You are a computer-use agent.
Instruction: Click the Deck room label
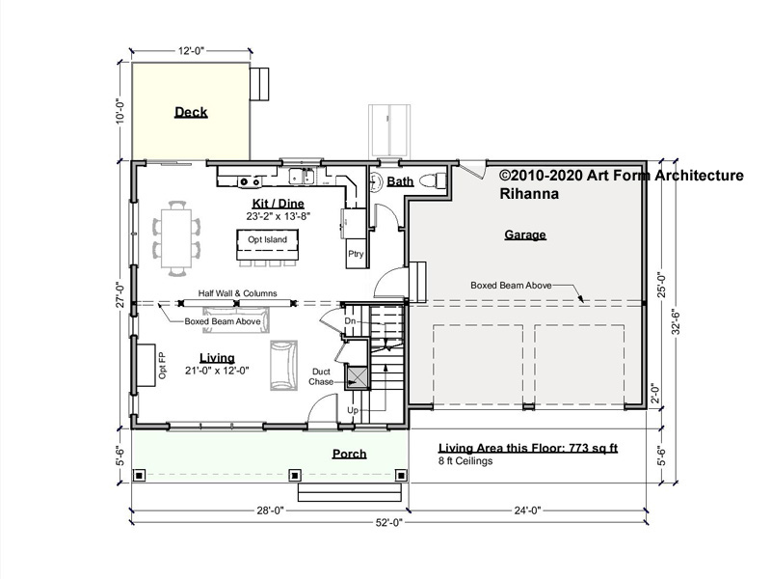tap(191, 112)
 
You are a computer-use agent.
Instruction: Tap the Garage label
tap(525, 234)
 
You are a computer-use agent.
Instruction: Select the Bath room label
tap(400, 181)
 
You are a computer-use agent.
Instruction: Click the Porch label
tap(350, 454)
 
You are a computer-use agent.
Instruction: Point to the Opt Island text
tap(268, 239)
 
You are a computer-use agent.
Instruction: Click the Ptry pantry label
tap(356, 254)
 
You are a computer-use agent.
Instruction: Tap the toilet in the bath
tap(432, 181)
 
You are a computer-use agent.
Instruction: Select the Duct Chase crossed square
tap(358, 377)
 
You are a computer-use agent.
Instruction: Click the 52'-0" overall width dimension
tap(389, 522)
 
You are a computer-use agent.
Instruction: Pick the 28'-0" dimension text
tap(271, 510)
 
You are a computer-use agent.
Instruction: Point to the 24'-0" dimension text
tap(527, 510)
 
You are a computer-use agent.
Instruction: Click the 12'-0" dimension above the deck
tap(191, 51)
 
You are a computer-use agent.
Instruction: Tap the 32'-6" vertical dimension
tap(676, 321)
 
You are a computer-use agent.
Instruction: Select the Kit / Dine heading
tap(279, 204)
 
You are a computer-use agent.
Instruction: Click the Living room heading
tap(217, 358)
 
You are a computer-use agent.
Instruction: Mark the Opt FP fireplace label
tap(162, 366)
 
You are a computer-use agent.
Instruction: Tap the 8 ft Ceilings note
tap(465, 461)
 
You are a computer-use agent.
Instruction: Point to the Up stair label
tap(353, 410)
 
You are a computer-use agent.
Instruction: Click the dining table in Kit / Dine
tap(176, 238)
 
